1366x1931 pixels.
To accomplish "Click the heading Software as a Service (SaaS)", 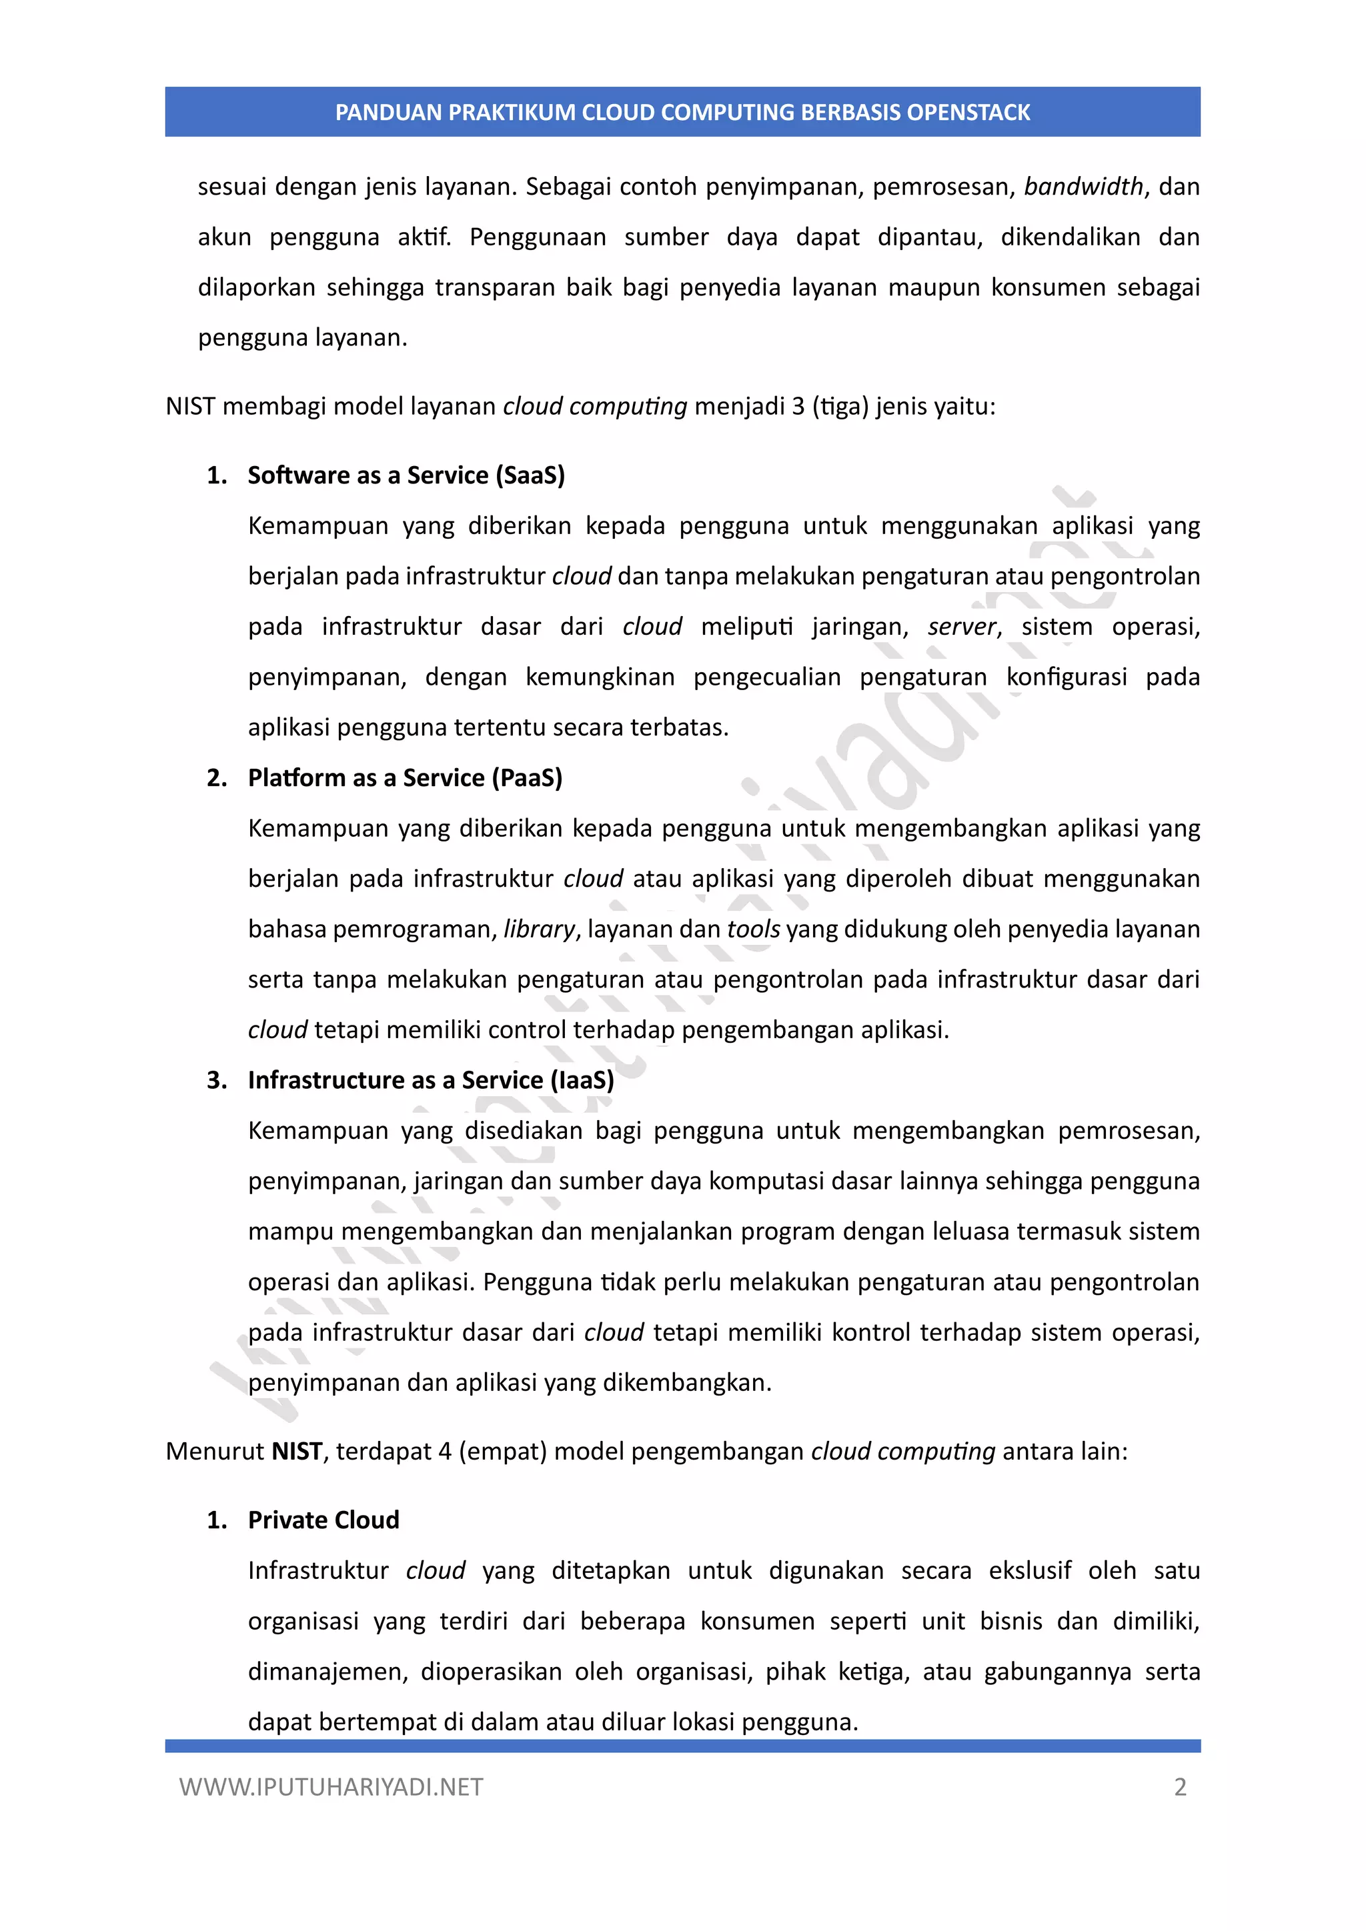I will click(406, 475).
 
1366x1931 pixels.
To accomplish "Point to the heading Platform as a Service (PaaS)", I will click(405, 778).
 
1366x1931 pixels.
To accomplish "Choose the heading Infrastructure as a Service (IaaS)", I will click(431, 1080).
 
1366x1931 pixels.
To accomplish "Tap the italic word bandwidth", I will click(1083, 187).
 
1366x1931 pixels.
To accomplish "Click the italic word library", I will click(539, 929).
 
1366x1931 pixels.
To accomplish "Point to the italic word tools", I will click(754, 929).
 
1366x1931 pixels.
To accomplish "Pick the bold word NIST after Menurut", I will click(297, 1452).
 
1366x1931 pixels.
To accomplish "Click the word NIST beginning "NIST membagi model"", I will click(191, 407).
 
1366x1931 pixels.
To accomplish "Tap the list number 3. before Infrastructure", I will click(217, 1080).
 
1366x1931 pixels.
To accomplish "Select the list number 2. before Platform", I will click(217, 778).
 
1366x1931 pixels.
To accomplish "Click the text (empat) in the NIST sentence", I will click(503, 1452).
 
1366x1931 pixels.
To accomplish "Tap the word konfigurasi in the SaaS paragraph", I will click(1067, 677).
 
